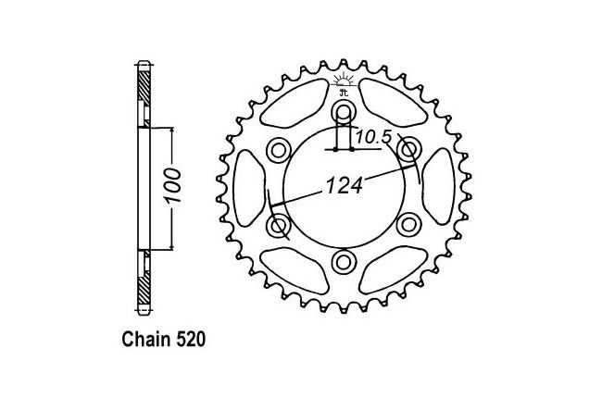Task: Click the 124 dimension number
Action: (345, 185)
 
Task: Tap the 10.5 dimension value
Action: (373, 137)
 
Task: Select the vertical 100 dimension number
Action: (172, 186)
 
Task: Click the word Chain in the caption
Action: (147, 340)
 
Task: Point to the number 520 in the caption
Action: (191, 340)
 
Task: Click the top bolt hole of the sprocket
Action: (344, 112)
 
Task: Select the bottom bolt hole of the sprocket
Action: (344, 262)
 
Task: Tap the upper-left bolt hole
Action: (279, 150)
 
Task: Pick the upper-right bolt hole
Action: (408, 150)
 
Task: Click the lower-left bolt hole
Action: (279, 225)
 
